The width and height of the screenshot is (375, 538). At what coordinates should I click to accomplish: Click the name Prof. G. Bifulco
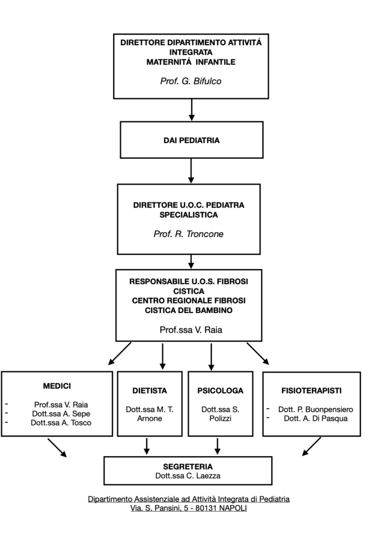191,81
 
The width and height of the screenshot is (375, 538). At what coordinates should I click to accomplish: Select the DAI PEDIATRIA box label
191,140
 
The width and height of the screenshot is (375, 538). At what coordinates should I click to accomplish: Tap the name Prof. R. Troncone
188,234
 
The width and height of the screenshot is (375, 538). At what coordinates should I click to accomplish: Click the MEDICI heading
57,386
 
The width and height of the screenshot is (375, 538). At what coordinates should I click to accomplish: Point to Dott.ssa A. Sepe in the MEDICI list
61,414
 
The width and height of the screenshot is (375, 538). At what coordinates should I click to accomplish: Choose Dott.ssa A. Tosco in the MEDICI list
61,423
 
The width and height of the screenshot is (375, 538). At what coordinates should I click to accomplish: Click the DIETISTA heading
149,391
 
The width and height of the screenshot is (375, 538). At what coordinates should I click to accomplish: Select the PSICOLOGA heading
220,391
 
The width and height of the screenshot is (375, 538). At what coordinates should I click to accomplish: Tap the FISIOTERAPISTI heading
312,391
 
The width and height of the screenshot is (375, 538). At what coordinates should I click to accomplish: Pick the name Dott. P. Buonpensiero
315,409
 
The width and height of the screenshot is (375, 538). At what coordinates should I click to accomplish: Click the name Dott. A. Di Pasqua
315,419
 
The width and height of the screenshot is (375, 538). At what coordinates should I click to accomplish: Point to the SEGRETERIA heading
188,467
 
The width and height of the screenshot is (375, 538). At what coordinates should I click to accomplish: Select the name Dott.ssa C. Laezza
188,476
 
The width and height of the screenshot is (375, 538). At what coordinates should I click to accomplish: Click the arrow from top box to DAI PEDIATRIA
191,110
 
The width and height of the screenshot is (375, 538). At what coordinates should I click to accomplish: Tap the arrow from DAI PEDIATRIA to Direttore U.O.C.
191,171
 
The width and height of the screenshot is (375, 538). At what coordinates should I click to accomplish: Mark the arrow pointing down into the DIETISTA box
163,357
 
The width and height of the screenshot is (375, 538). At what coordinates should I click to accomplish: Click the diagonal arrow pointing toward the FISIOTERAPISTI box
258,354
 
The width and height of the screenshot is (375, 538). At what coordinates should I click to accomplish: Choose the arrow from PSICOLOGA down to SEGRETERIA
217,446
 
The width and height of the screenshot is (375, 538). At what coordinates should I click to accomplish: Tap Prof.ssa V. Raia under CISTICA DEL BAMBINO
191,330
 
